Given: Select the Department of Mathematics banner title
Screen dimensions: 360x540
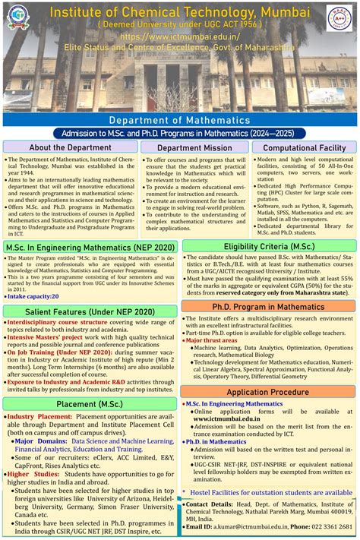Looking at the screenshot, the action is point(179,120).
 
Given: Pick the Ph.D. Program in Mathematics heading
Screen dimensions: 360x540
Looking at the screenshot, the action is point(269,305).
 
